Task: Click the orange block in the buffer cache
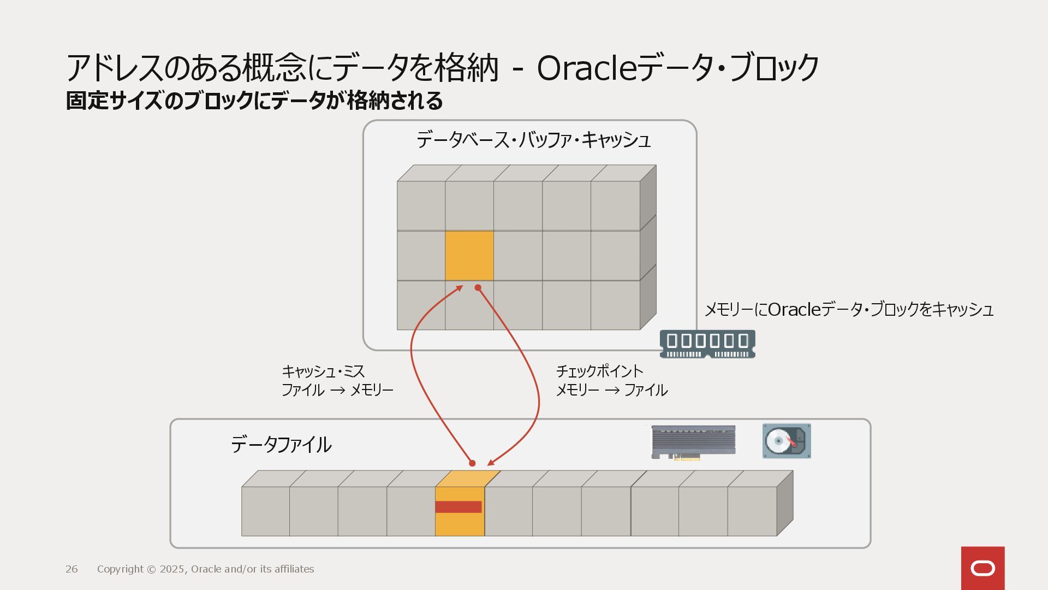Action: [469, 255]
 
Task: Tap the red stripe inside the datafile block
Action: [458, 507]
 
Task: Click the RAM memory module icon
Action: [707, 344]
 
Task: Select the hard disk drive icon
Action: [787, 441]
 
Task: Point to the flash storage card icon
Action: [693, 442]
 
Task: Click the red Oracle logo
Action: [982, 568]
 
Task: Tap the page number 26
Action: [72, 569]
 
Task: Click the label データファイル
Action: [281, 445]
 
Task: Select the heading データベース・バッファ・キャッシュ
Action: [533, 140]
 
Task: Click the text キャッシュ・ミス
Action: [323, 371]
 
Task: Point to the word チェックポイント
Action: [599, 371]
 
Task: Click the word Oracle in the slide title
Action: [587, 69]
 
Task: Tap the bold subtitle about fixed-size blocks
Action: [254, 101]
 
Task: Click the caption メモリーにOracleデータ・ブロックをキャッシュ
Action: [849, 310]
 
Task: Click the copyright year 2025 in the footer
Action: [172, 569]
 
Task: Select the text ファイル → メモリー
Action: [337, 390]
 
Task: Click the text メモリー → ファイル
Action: [611, 390]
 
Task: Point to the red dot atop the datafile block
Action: [472, 463]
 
